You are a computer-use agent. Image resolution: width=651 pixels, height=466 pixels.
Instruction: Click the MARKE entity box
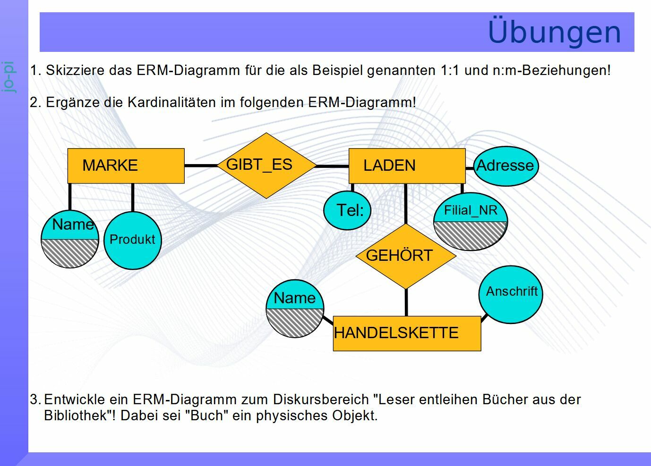pyautogui.click(x=126, y=166)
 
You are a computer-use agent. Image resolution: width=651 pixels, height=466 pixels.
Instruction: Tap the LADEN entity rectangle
pyautogui.click(x=407, y=166)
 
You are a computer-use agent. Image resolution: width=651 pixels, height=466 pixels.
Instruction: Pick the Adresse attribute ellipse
pyautogui.click(x=505, y=166)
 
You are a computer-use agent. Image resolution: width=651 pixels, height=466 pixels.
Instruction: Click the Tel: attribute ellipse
pyautogui.click(x=347, y=210)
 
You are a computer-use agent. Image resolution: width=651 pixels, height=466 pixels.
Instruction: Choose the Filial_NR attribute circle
pyautogui.click(x=470, y=222)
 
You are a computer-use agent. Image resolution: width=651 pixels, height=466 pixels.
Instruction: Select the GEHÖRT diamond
pyautogui.click(x=406, y=256)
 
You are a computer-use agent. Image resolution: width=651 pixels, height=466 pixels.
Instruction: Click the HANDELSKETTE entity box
pyautogui.click(x=407, y=333)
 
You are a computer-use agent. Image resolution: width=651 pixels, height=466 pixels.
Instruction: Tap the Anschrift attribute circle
pyautogui.click(x=511, y=294)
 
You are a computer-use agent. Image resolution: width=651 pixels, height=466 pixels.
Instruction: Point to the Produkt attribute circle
pyautogui.click(x=132, y=240)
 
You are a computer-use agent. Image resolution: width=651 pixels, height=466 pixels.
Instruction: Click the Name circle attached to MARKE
pyautogui.click(x=70, y=239)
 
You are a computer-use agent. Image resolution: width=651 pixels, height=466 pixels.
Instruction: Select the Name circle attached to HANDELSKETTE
pyautogui.click(x=295, y=308)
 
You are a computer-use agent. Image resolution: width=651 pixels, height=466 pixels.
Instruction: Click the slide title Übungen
pyautogui.click(x=554, y=32)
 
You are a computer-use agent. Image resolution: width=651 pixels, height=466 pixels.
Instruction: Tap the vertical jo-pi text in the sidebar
pyautogui.click(x=9, y=77)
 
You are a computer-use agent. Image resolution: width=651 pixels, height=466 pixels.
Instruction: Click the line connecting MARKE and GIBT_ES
pyautogui.click(x=201, y=166)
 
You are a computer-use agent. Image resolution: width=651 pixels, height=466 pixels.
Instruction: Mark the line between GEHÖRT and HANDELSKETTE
pyautogui.click(x=406, y=302)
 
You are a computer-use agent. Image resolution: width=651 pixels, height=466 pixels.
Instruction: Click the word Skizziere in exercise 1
pyautogui.click(x=75, y=71)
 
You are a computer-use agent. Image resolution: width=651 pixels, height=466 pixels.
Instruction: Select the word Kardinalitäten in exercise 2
pyautogui.click(x=170, y=102)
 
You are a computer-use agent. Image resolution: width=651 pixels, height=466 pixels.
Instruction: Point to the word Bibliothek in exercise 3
pyautogui.click(x=78, y=416)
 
